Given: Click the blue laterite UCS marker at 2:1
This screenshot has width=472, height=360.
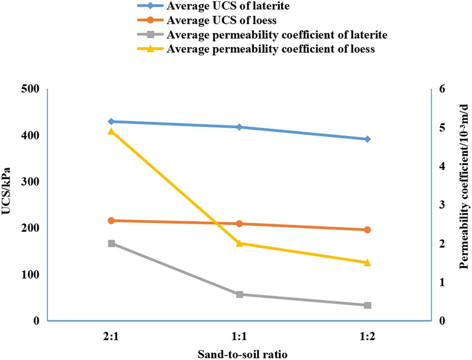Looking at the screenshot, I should [x=111, y=122].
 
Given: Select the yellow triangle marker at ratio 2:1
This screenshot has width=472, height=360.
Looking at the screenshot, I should [x=111, y=131].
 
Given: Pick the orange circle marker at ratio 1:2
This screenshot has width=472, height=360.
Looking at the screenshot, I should [x=367, y=230].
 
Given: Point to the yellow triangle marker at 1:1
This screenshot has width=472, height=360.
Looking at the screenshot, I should [x=239, y=243].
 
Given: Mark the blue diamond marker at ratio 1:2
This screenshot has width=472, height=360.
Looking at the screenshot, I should [x=367, y=139].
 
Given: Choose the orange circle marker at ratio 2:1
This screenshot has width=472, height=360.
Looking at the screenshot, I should [x=111, y=220].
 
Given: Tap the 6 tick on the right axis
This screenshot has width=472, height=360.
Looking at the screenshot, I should [x=442, y=89].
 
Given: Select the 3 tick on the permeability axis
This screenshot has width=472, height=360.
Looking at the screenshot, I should [x=442, y=205].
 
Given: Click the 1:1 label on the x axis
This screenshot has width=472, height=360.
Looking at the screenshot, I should [x=239, y=336].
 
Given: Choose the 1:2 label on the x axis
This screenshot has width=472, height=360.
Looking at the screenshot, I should [x=367, y=336].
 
